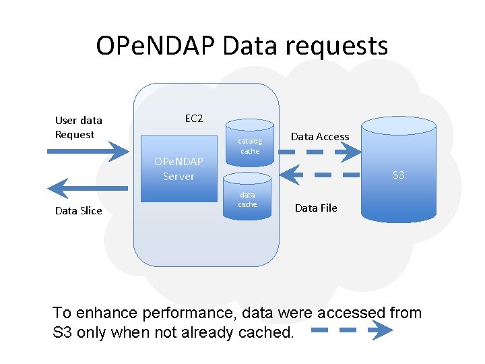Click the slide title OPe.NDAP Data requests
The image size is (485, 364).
pos(242,46)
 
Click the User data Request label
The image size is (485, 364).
pos(78,127)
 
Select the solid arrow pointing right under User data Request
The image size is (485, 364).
pos(88,152)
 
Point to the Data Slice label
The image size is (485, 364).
pos(78,211)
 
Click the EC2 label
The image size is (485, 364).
pos(194,119)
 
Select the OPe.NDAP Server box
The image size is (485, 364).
pos(179,169)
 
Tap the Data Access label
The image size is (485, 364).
pos(319,137)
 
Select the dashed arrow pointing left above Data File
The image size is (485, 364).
pos(319,175)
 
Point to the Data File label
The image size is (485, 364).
pos(316,208)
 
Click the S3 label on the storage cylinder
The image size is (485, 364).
pos(398,175)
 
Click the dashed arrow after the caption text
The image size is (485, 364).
pos(352,330)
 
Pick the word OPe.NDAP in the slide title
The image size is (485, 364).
pos(154,46)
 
